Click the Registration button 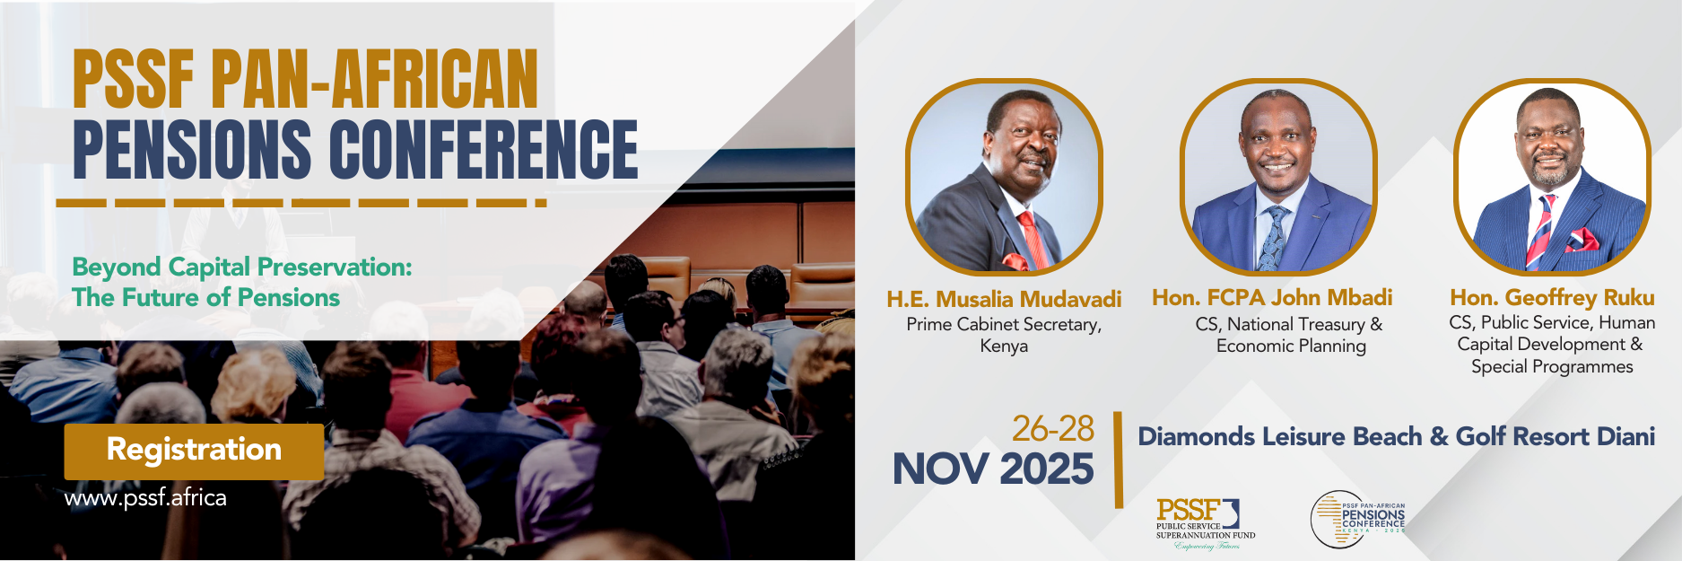pyautogui.click(x=194, y=451)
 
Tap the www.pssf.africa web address pyautogui.click(x=145, y=498)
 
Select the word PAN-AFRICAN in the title pyautogui.click(x=374, y=80)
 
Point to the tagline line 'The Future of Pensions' pyautogui.click(x=205, y=298)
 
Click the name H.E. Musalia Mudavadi pyautogui.click(x=1004, y=299)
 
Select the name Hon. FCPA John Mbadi pyautogui.click(x=1272, y=297)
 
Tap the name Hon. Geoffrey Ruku pyautogui.click(x=1552, y=297)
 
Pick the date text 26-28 pyautogui.click(x=1052, y=429)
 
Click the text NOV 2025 pyautogui.click(x=993, y=469)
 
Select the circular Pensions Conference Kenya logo pyautogui.click(x=1355, y=519)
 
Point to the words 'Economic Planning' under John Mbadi pyautogui.click(x=1290, y=346)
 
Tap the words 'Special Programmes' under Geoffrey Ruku pyautogui.click(x=1551, y=367)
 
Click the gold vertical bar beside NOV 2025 pyautogui.click(x=1118, y=460)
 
